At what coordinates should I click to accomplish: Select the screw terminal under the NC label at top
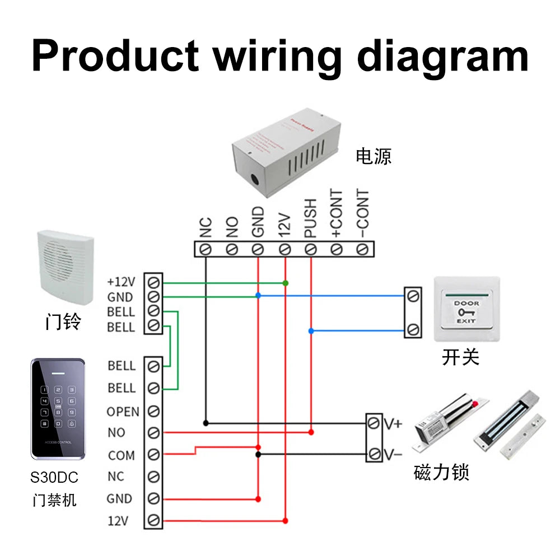pos(206,249)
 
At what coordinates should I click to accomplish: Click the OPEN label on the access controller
pos(123,412)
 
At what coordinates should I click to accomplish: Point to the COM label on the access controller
pos(122,455)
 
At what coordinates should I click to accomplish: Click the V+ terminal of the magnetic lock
pos(374,424)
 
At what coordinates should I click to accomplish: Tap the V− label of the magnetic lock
pos(393,454)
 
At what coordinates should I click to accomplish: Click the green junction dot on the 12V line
pos(286,283)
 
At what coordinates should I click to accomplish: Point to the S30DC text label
pos(54,478)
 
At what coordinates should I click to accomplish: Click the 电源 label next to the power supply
pos(374,156)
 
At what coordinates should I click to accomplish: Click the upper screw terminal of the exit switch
pos(413,295)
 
